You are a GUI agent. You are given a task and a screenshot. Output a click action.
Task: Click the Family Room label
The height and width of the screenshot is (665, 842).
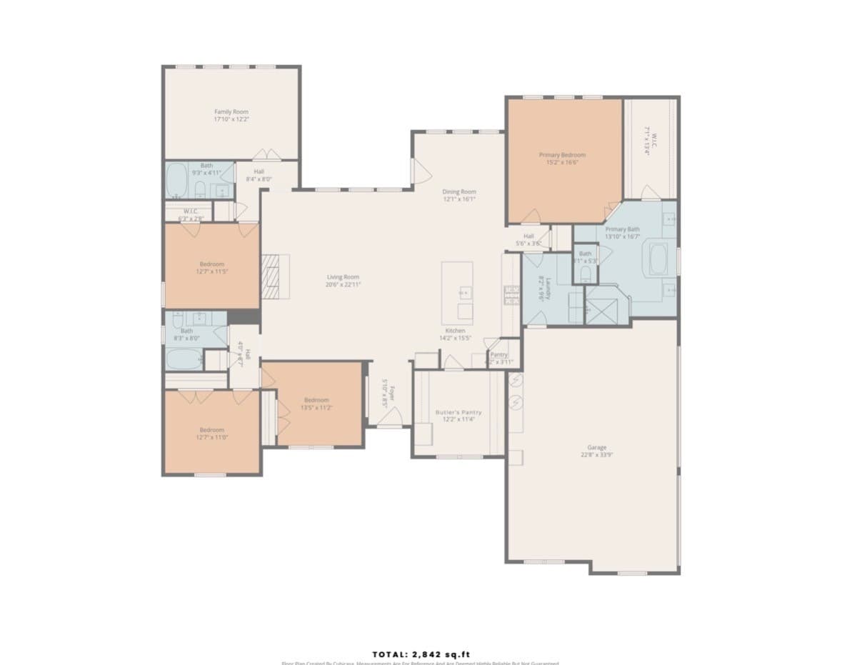click(x=231, y=111)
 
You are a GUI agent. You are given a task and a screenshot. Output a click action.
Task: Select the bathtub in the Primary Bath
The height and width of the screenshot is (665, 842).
click(x=658, y=260)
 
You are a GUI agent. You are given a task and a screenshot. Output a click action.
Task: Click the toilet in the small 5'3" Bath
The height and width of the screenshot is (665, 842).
click(x=586, y=272)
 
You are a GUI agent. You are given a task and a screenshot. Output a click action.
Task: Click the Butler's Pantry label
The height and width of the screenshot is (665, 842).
click(x=458, y=412)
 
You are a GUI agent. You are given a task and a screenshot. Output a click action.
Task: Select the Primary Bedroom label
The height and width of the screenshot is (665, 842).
click(x=562, y=155)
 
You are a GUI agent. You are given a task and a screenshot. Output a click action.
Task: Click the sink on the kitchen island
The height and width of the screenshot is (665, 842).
click(x=465, y=291)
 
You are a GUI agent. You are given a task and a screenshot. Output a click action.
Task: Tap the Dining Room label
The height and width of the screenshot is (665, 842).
click(x=459, y=191)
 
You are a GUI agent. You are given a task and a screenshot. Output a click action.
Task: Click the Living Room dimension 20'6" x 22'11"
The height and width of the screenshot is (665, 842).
click(x=343, y=284)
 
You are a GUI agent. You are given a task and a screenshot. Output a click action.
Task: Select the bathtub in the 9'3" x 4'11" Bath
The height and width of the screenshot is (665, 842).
click(x=177, y=181)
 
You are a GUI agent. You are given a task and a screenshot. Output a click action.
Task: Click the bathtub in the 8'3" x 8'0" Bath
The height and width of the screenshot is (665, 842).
click(x=184, y=358)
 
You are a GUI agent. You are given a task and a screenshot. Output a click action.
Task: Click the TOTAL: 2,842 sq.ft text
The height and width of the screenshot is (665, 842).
click(x=421, y=654)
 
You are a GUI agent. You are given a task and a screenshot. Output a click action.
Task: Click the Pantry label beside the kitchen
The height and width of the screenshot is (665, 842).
click(x=499, y=354)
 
